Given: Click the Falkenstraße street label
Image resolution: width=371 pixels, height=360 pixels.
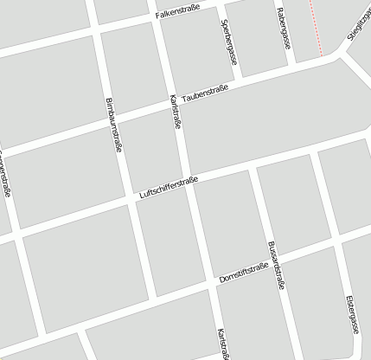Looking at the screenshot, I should [176, 14].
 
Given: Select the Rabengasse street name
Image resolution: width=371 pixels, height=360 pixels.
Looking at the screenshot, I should [283, 27].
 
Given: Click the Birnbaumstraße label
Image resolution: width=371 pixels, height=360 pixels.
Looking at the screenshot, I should [112, 126].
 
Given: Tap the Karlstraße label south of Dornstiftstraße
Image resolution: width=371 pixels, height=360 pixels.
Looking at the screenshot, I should [222, 343].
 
